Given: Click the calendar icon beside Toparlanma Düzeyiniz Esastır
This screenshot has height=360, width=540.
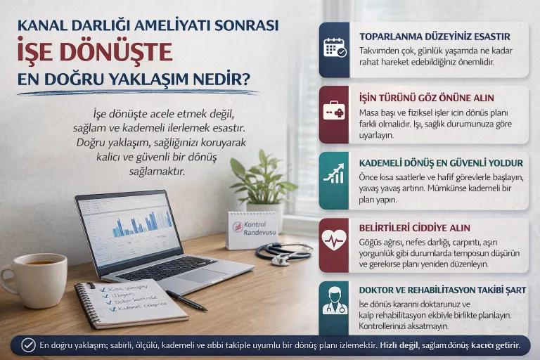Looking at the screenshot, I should coord(335,48).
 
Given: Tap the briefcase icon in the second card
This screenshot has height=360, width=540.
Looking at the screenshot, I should coord(335,111).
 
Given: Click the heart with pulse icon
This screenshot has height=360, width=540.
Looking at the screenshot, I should coord(335,240).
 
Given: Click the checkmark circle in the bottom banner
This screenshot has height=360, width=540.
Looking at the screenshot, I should coord(28,345).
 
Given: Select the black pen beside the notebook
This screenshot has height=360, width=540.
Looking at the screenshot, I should coord(186,300).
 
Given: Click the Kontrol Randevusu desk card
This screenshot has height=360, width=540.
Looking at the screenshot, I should coord(252,230).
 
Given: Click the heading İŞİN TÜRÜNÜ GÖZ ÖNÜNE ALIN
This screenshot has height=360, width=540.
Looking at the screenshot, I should coord(426,98).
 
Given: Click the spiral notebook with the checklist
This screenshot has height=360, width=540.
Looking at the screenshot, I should coord(130,302).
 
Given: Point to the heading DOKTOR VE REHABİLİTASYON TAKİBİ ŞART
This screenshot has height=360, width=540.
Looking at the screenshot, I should coord(442,290).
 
